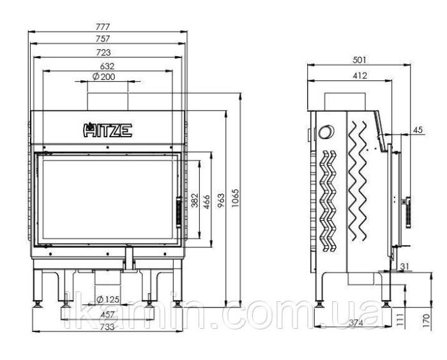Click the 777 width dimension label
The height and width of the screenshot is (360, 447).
(103, 27)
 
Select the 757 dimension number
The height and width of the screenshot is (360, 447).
(103, 38)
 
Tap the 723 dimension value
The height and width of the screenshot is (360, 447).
(103, 52)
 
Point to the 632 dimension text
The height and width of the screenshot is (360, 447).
(107, 66)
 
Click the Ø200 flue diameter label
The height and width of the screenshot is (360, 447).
(104, 77)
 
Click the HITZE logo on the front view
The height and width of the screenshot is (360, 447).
(107, 130)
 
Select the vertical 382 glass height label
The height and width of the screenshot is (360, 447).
(194, 200)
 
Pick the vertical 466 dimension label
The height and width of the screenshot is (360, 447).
(206, 202)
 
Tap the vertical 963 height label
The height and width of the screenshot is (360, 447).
(221, 200)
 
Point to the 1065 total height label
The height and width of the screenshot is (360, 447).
(236, 198)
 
